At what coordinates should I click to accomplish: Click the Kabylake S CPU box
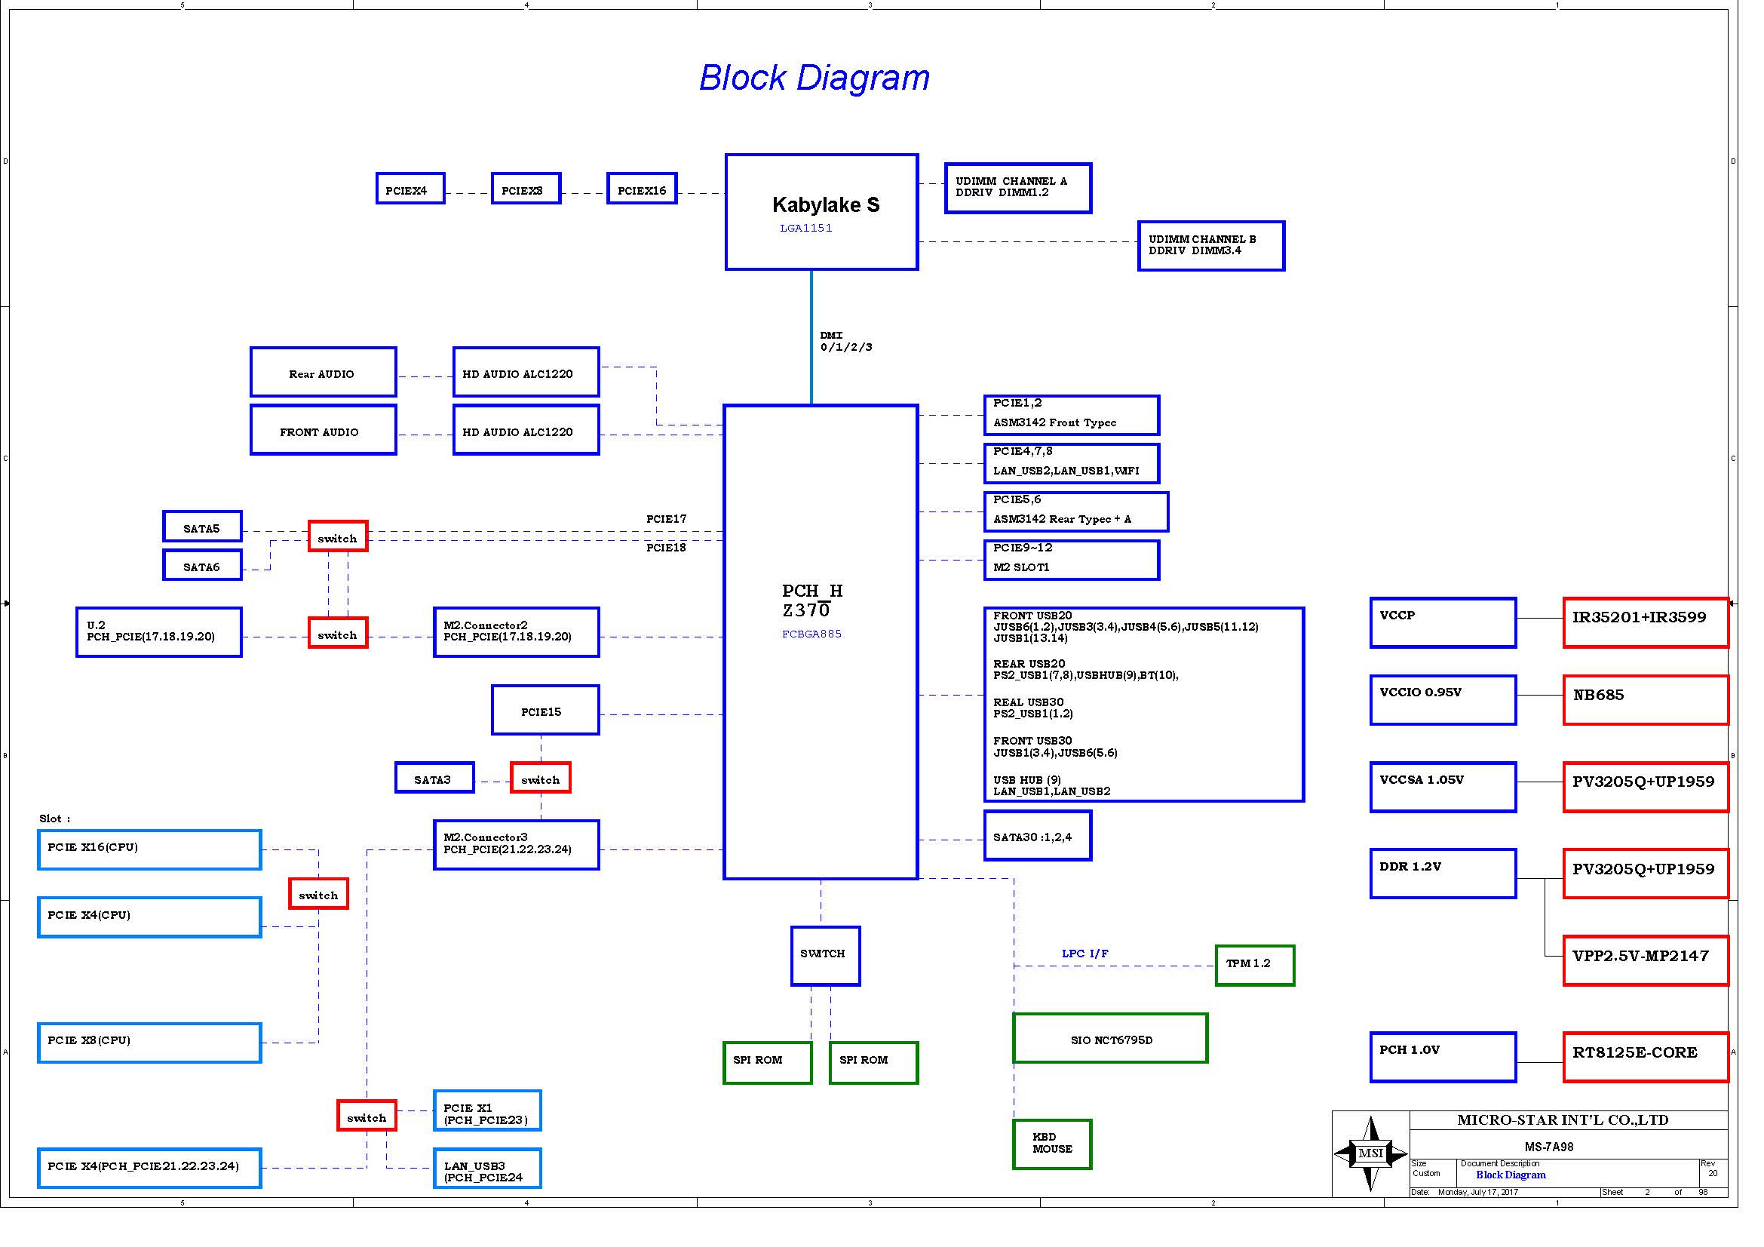(821, 212)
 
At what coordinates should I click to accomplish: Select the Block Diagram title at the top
(814, 78)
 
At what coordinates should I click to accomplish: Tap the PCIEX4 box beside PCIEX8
(410, 189)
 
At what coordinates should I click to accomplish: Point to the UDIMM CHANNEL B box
(1210, 246)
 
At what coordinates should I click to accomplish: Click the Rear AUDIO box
(323, 373)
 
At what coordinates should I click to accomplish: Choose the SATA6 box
(202, 566)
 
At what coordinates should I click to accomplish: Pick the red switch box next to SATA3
(540, 778)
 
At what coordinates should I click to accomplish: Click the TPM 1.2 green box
(1254, 965)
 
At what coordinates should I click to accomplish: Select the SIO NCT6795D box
(1109, 1039)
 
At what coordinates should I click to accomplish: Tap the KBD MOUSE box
(1052, 1144)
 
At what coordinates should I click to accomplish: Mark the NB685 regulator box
(1645, 700)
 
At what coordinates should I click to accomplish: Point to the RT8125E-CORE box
(1645, 1057)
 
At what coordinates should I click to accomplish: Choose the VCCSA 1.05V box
(1442, 787)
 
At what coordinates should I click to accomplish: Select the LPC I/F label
(1084, 954)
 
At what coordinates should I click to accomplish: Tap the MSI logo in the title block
(1370, 1153)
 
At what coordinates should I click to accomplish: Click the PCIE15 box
(545, 711)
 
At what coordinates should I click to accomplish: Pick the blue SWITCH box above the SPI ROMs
(824, 956)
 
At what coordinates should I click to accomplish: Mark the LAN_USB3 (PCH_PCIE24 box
(486, 1169)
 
